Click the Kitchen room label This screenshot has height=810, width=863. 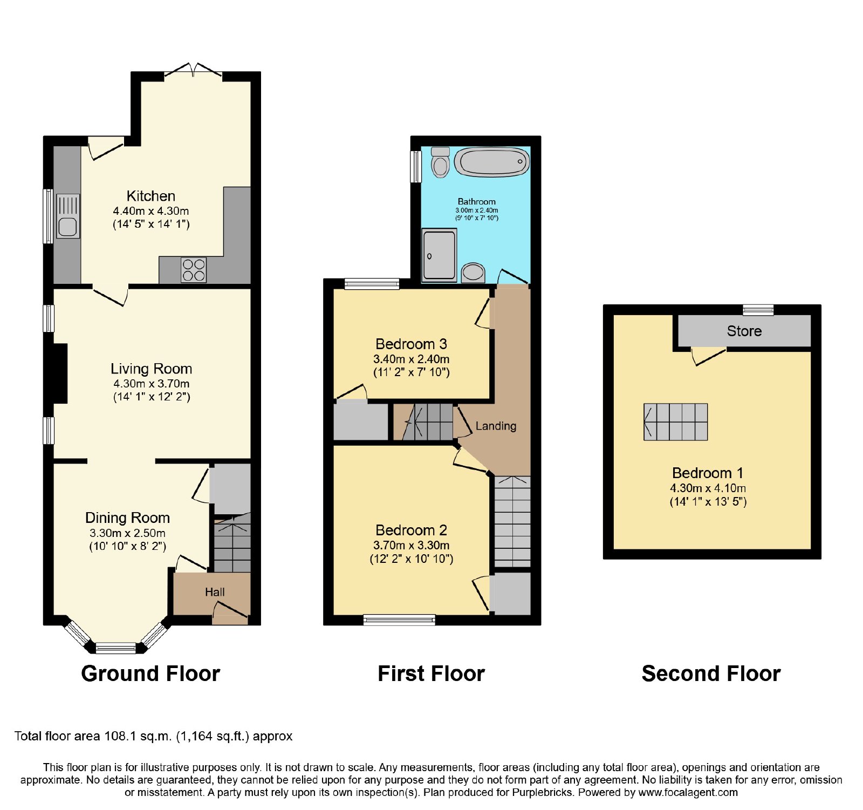[x=151, y=196]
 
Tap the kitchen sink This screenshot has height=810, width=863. [x=67, y=216]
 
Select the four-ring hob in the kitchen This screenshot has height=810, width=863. [x=194, y=270]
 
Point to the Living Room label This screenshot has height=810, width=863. [x=152, y=369]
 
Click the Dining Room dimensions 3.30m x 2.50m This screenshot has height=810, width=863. [x=128, y=533]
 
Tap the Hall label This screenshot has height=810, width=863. [x=215, y=592]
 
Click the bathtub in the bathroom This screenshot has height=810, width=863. [x=492, y=161]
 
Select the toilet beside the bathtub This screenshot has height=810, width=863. [x=441, y=162]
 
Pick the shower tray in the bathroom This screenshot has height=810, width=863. [x=440, y=255]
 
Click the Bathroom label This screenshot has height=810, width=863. [x=477, y=201]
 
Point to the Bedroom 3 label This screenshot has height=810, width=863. [x=411, y=344]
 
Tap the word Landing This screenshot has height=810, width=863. [x=496, y=426]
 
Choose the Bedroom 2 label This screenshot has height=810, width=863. [x=412, y=530]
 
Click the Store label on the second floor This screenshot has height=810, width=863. [x=744, y=331]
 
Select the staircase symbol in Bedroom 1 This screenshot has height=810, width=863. [x=676, y=422]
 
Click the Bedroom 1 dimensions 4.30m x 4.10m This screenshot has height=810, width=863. [x=708, y=488]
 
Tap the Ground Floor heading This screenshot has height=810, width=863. [x=150, y=673]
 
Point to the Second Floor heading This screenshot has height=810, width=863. [x=711, y=673]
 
